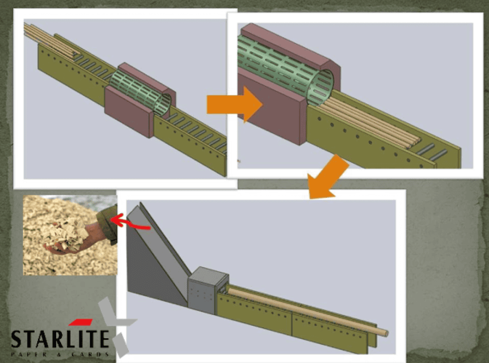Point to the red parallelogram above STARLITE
tap(80, 322)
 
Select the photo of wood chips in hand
tap(70, 235)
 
